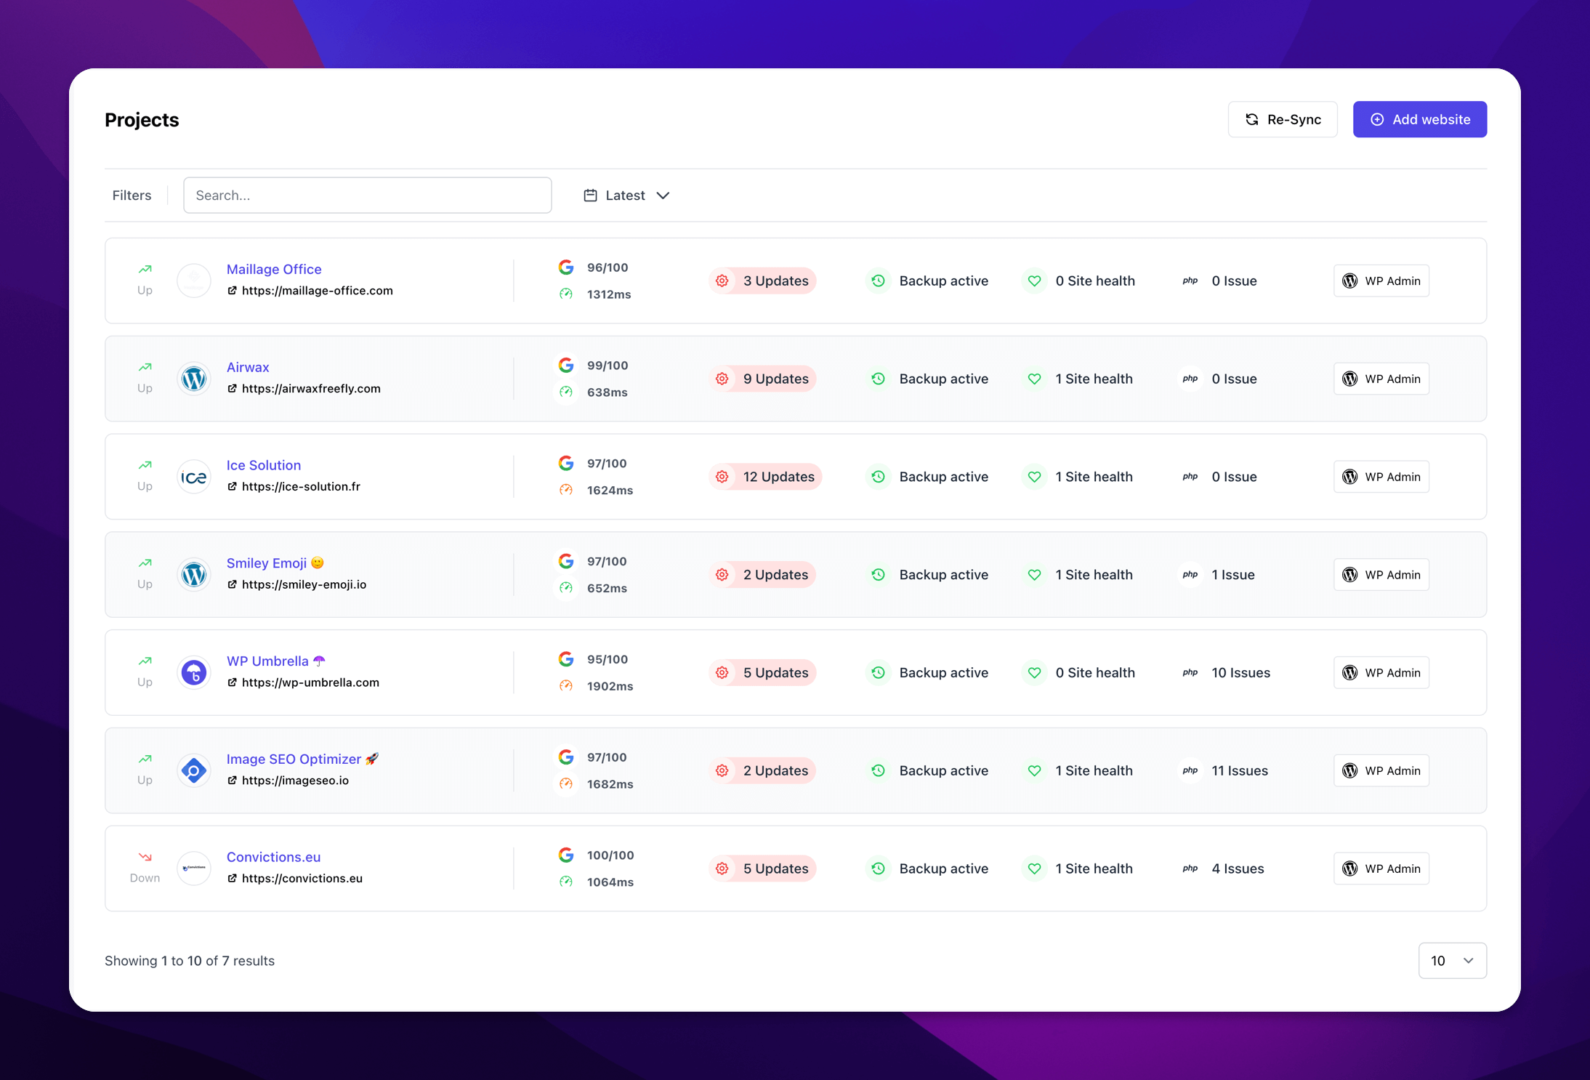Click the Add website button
click(1419, 119)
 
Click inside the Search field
click(367, 196)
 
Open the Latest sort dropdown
click(626, 196)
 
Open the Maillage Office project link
click(274, 270)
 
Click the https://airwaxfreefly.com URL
click(310, 389)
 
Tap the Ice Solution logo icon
click(194, 477)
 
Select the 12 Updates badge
click(765, 477)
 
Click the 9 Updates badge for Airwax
click(762, 379)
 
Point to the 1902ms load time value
click(610, 686)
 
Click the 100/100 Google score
click(610, 855)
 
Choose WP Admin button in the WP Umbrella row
click(1381, 673)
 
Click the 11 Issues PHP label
click(1239, 770)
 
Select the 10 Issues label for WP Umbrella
click(1240, 673)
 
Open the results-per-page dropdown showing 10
click(1452, 961)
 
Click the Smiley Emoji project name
click(267, 563)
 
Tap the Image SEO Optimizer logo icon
click(194, 771)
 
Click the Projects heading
click(142, 120)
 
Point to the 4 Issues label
click(1238, 869)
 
